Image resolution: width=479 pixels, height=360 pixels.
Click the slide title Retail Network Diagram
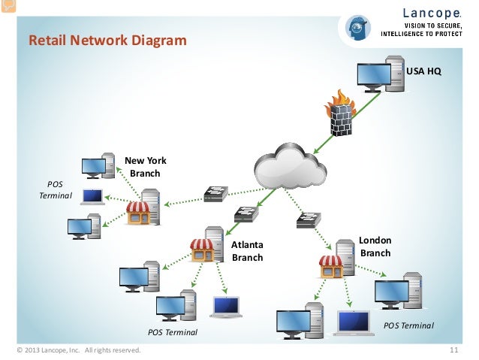[x=107, y=40]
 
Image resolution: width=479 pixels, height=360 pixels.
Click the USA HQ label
[x=423, y=71]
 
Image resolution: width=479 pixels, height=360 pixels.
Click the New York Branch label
[x=145, y=167]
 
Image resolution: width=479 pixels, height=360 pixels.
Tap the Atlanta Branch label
[x=247, y=251]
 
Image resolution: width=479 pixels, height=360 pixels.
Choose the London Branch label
[x=375, y=247]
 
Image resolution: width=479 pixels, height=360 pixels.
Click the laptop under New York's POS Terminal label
[x=93, y=197]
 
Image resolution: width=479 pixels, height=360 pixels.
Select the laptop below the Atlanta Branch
[x=225, y=307]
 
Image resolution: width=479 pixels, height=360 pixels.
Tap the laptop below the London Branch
[x=354, y=322]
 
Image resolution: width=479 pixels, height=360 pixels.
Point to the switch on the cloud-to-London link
[x=309, y=220]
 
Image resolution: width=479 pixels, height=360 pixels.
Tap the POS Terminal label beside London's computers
[x=408, y=325]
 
